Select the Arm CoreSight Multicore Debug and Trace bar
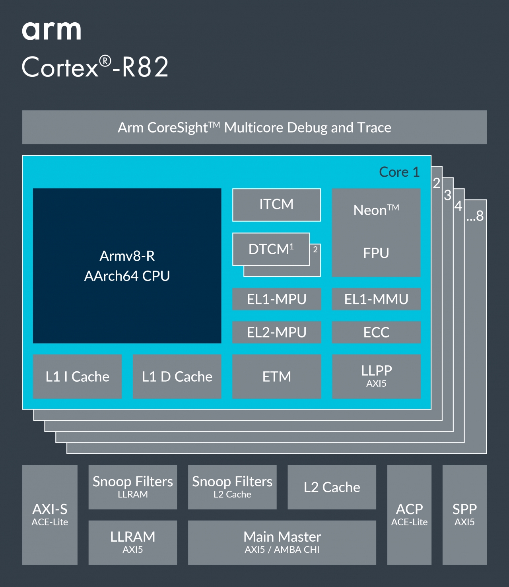coord(254,127)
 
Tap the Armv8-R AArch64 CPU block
coord(127,265)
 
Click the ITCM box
coord(276,205)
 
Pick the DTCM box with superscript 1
coord(271,249)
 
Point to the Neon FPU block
coord(376,232)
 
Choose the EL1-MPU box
coord(276,299)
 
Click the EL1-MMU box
coord(376,299)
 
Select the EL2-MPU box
coord(276,332)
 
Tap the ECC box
coord(376,332)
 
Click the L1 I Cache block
coord(77,376)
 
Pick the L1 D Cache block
coord(177,376)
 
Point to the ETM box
coord(276,376)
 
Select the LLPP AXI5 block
coord(376,376)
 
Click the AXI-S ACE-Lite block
coord(50,515)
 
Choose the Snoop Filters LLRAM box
coord(132,487)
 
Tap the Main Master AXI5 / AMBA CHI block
coord(282,542)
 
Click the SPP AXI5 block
coord(464,515)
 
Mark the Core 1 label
coord(399,172)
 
